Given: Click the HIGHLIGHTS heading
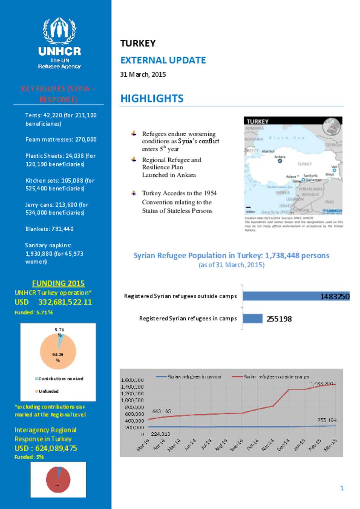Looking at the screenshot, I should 152,99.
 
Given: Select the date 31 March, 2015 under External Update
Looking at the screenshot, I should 143,74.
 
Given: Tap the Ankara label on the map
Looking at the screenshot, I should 280,157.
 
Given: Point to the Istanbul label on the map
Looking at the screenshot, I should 268,151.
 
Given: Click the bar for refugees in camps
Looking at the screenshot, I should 252,319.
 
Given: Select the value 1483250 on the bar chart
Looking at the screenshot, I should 334,296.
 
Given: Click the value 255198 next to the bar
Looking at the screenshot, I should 279,319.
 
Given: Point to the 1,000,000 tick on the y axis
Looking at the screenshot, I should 132,400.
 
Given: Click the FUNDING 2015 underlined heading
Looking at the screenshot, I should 58,283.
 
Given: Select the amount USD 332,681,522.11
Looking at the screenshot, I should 53,302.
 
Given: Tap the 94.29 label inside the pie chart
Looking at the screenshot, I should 58,355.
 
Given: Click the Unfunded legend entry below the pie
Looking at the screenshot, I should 49,391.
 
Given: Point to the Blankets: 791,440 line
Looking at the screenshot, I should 50,229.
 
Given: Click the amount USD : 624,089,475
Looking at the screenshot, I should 46,448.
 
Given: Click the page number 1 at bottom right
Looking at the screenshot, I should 342,488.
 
